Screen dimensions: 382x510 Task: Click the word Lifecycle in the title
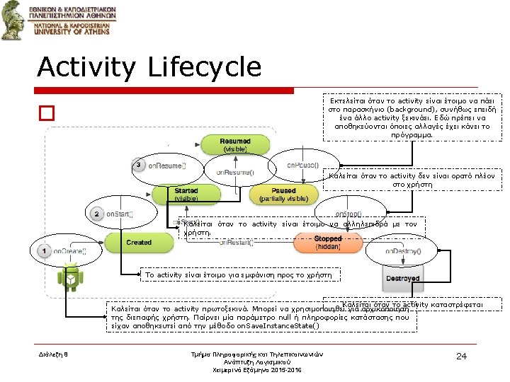[x=205, y=67]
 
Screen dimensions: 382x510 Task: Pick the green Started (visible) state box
[x=186, y=195]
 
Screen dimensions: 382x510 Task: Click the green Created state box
[x=139, y=242]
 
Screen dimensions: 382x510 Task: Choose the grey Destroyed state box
[x=402, y=278]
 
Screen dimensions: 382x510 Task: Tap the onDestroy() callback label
[x=403, y=250]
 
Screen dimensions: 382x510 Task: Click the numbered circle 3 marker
[x=139, y=165]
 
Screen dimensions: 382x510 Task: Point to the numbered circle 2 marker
[x=97, y=213]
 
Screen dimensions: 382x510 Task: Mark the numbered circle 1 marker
[x=44, y=250]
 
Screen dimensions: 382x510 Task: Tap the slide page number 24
[x=460, y=355]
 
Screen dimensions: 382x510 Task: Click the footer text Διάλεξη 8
[x=54, y=353]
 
